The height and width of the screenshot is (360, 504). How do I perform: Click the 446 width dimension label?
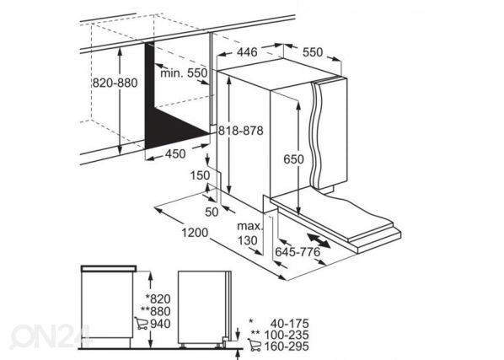coord(247,52)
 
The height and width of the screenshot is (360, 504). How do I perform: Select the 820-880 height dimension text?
coord(115,83)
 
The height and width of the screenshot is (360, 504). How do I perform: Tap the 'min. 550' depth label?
coord(184,73)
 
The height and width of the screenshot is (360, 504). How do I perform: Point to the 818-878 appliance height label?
coord(241,131)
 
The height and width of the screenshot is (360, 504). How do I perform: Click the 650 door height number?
coord(293,159)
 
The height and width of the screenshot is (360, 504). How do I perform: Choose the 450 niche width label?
coord(175,154)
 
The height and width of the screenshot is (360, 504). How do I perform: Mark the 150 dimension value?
coord(200,176)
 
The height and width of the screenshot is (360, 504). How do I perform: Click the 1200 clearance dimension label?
coord(195,233)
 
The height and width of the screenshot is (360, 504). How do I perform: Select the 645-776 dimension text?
coord(298,252)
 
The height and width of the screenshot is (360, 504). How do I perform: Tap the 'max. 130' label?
coord(249,234)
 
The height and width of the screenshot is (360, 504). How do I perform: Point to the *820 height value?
coord(158,299)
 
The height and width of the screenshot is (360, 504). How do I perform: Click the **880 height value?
coord(156,311)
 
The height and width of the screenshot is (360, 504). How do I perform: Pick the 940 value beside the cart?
coord(160,324)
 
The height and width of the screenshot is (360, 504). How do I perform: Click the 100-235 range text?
coord(287,335)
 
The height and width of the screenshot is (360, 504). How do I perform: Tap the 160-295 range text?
coord(287,347)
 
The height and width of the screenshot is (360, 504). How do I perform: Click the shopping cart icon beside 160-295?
coord(255,345)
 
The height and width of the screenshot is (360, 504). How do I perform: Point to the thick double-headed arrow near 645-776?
coord(319,241)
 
